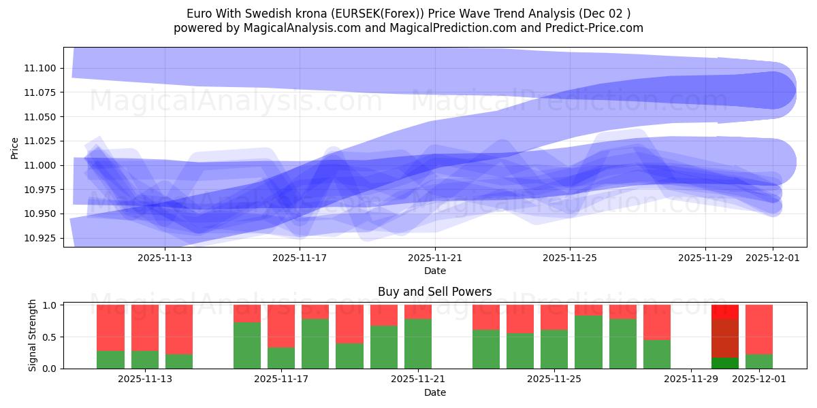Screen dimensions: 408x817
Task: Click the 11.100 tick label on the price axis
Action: [x=42, y=68]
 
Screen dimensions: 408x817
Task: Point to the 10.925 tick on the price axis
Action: [x=42, y=239]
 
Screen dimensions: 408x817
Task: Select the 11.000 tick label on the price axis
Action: [x=42, y=165]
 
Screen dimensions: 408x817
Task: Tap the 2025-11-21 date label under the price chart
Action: [x=435, y=258]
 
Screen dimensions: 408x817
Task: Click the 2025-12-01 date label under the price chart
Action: [x=772, y=258]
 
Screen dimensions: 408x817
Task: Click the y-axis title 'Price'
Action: [x=15, y=147]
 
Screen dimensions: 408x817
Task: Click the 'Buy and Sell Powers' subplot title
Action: [x=434, y=292]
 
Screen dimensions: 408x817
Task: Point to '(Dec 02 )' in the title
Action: [x=605, y=14]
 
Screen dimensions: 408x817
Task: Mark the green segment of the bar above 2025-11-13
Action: [x=144, y=360]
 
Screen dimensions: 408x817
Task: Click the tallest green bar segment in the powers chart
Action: [x=588, y=342]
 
